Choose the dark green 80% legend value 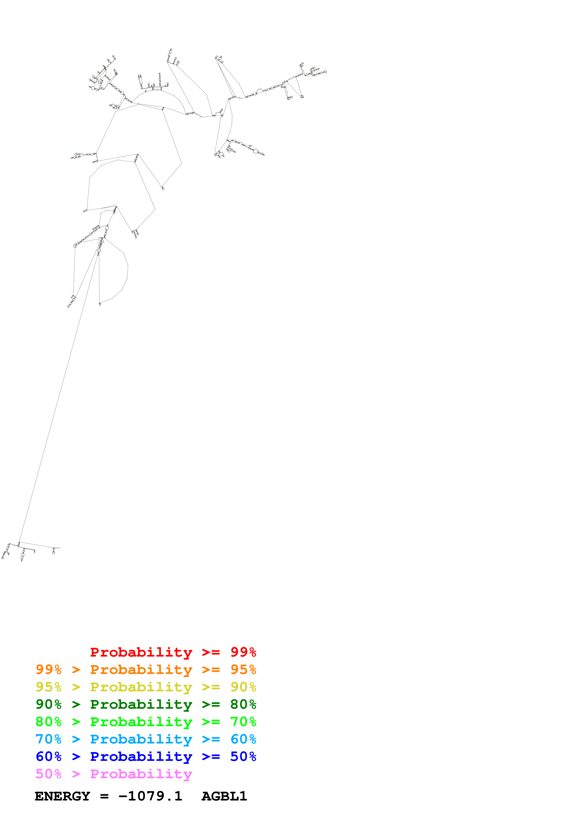click(x=243, y=704)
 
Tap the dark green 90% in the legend click(x=48, y=704)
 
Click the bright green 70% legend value click(x=243, y=722)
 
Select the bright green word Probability click(x=141, y=722)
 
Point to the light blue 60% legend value click(x=243, y=739)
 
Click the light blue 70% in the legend click(x=48, y=739)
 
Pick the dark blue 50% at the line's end click(x=243, y=756)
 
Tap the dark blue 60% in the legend click(x=48, y=756)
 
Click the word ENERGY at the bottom click(x=62, y=796)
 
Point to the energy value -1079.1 click(x=150, y=796)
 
